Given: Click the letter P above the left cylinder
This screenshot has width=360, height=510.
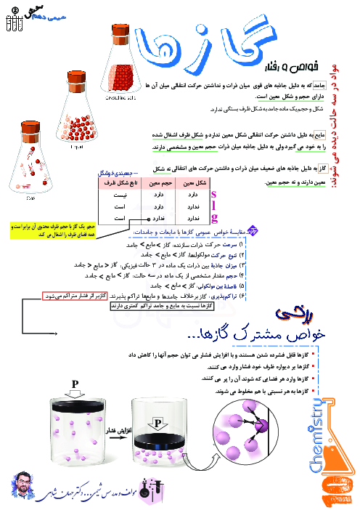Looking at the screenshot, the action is [x=75, y=383].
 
